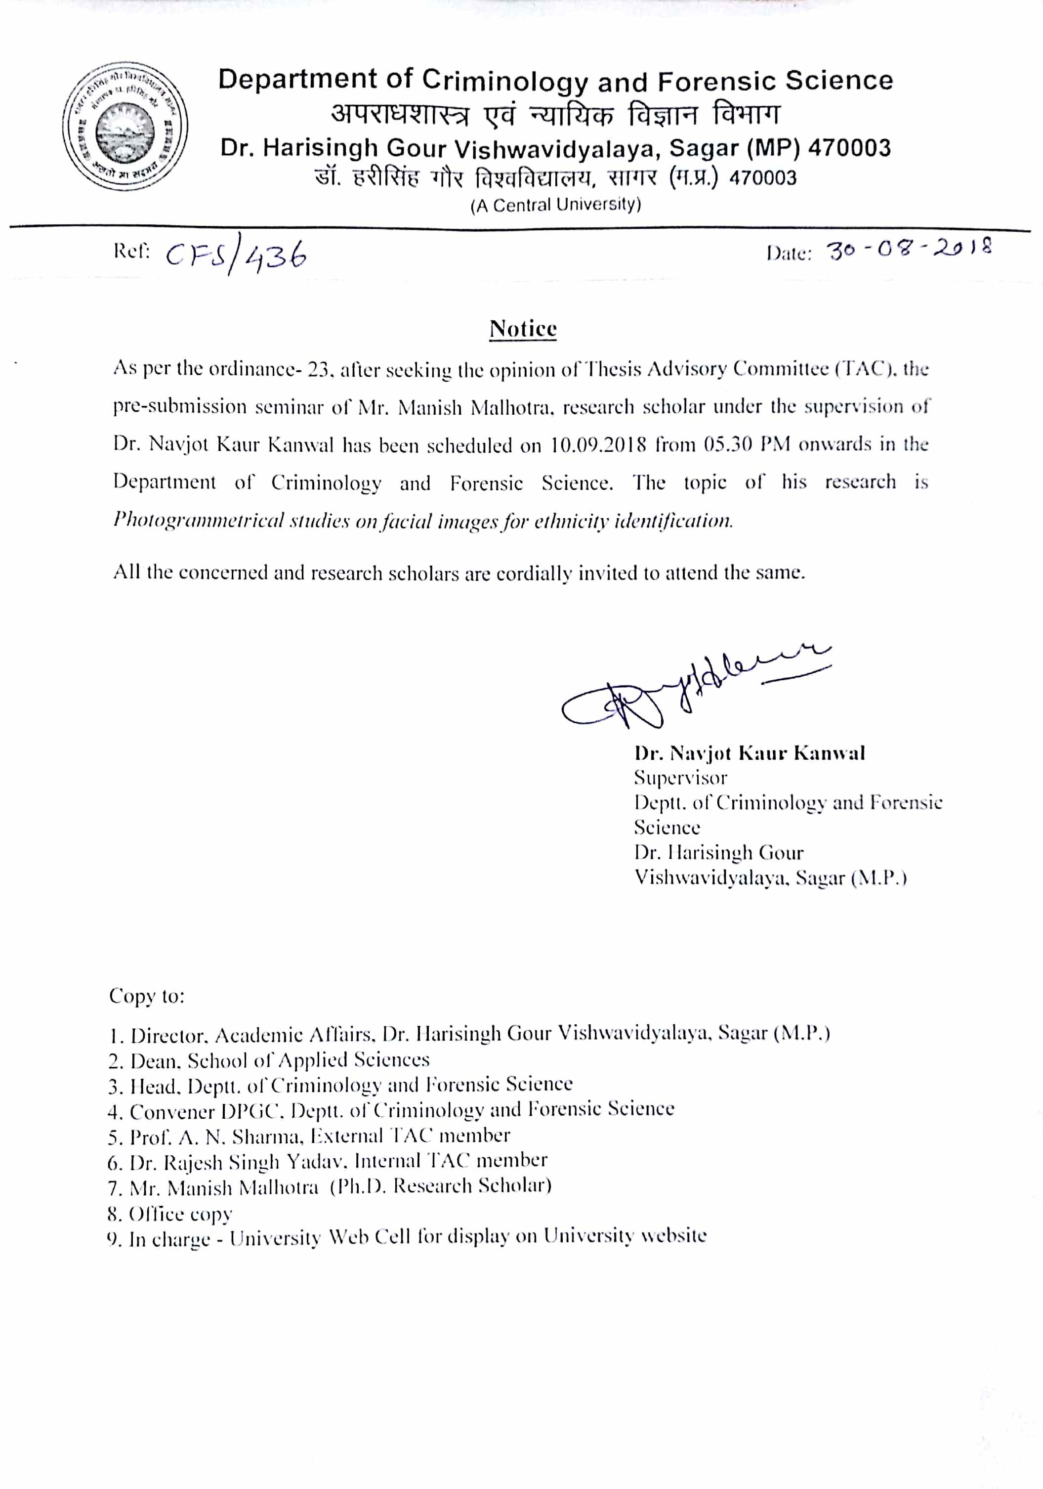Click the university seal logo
(125, 127)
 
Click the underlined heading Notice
(522, 329)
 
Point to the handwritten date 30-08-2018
(909, 250)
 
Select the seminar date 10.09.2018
(598, 445)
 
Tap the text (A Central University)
(555, 205)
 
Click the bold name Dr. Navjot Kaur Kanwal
(750, 753)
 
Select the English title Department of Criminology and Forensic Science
(555, 81)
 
